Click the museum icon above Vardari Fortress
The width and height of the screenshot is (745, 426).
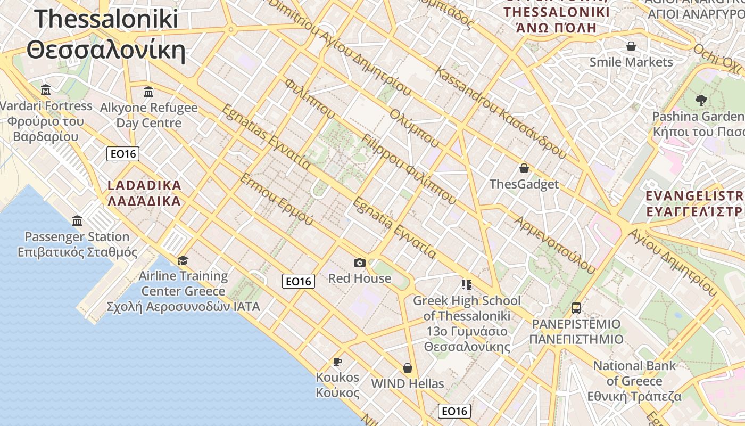click(46, 89)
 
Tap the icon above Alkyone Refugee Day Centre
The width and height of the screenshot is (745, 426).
click(148, 92)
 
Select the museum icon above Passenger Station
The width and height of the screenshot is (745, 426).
click(77, 220)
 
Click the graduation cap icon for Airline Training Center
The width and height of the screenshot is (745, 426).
click(183, 260)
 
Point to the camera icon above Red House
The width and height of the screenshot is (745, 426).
click(360, 263)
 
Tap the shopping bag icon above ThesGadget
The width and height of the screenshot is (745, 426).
click(524, 168)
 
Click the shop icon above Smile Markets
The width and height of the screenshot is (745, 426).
click(631, 46)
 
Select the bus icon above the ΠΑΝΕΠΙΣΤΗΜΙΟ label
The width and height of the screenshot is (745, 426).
click(576, 308)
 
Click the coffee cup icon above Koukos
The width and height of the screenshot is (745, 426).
click(337, 362)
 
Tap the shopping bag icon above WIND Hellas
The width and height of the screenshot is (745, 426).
click(408, 368)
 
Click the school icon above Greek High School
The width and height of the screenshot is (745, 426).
click(467, 285)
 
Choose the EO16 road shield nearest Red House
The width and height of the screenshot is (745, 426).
click(299, 281)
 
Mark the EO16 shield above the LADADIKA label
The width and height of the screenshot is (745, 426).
click(123, 154)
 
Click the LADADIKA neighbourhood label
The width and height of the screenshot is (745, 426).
click(144, 193)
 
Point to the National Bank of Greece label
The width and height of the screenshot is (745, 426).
click(634, 381)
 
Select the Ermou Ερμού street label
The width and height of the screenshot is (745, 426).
click(276, 199)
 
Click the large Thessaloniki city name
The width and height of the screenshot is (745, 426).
click(106, 35)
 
